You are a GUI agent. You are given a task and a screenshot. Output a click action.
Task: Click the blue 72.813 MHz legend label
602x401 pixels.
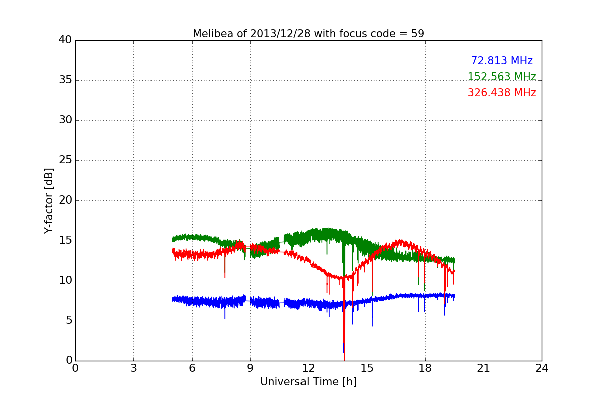[501, 61]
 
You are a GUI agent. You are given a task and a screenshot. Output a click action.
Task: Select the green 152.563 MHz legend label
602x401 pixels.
[501, 77]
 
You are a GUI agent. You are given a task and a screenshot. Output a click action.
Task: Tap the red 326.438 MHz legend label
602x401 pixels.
[501, 93]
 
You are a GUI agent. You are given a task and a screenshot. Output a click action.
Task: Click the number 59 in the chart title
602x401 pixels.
[418, 34]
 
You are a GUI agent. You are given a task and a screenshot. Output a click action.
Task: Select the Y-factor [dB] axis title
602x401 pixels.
[49, 200]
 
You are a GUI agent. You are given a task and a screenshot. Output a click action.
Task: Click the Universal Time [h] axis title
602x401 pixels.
[308, 382]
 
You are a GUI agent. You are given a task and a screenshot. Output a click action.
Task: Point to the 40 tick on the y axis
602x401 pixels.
[65, 40]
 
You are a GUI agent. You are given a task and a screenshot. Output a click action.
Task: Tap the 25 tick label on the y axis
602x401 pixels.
[65, 160]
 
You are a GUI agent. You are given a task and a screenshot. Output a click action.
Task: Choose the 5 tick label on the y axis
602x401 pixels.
[68, 321]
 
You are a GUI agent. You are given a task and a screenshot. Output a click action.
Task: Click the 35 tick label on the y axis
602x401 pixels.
[65, 80]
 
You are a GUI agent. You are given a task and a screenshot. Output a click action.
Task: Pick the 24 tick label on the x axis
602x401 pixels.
[542, 368]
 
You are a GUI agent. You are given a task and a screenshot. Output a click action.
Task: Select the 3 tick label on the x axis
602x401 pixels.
[133, 368]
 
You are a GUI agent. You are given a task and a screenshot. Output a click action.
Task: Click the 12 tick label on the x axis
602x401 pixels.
[309, 368]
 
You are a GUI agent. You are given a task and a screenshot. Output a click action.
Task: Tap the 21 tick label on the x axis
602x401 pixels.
[484, 368]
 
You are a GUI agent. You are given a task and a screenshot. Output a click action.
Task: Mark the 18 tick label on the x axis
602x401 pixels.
[425, 368]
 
